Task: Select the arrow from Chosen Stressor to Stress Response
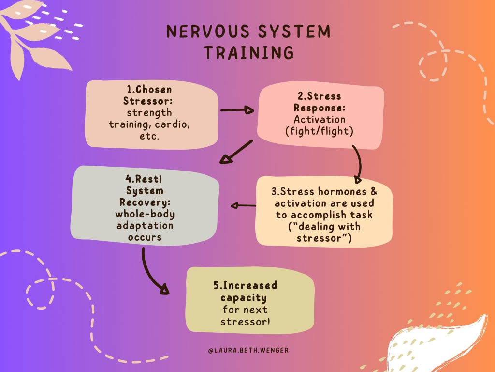[x=237, y=110]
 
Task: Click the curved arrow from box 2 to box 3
[x=359, y=162]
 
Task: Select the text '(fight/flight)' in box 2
[x=320, y=131]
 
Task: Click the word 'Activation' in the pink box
[x=320, y=119]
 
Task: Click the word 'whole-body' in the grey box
[x=146, y=214]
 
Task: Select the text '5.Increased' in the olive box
[x=245, y=286]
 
